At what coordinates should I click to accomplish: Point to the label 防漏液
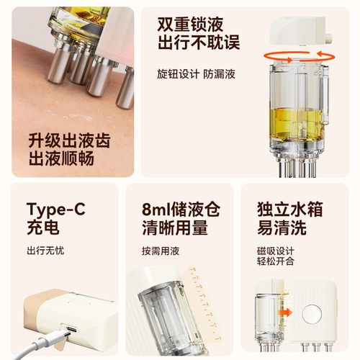pyautogui.click(x=220, y=75)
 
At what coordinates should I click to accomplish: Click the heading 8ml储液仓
pyautogui.click(x=179, y=210)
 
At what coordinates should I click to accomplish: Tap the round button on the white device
pyautogui.click(x=314, y=313)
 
